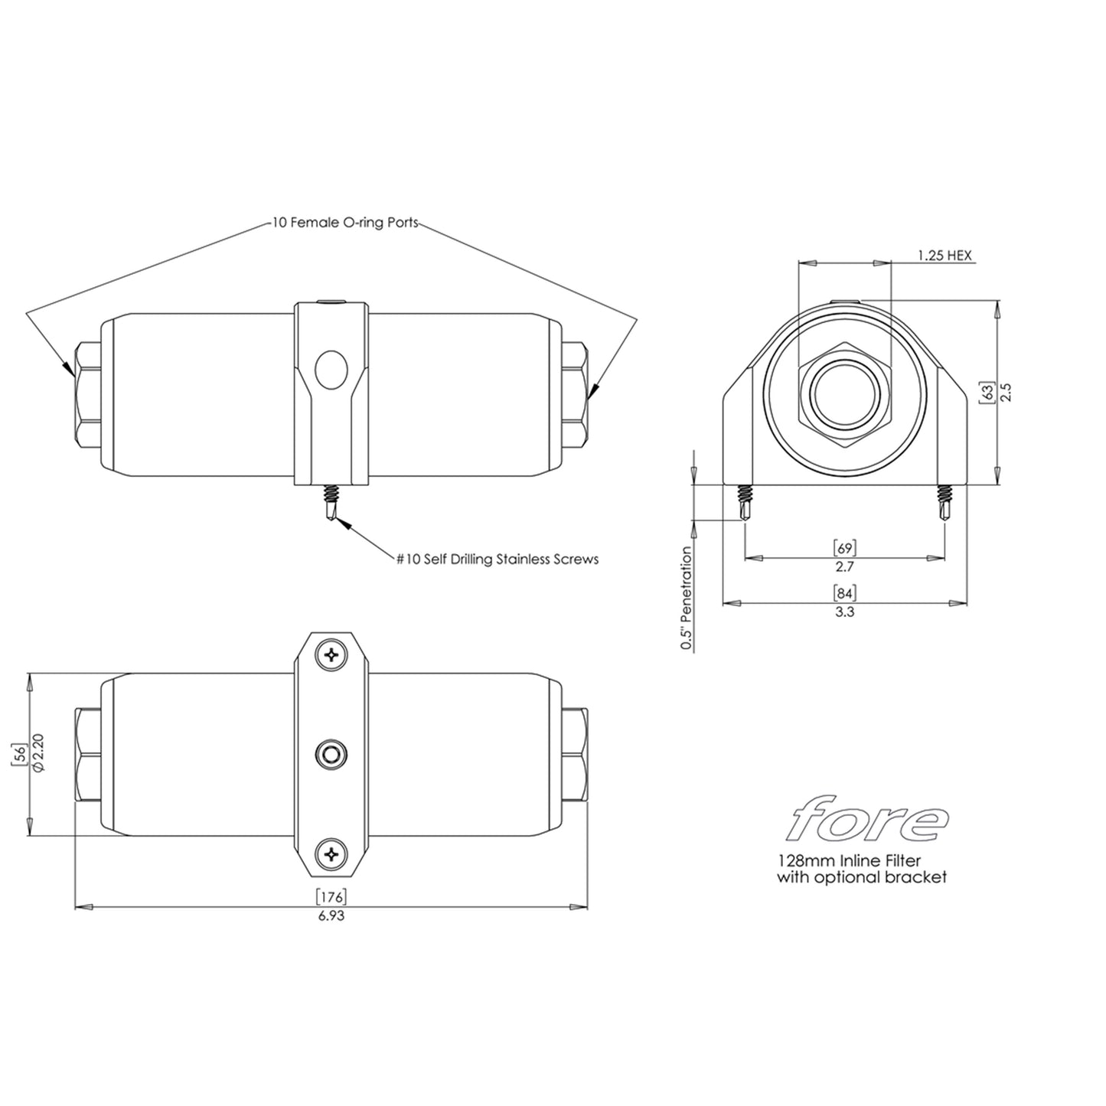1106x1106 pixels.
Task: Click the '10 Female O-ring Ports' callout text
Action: [x=345, y=223]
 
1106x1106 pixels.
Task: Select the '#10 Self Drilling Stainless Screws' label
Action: [x=497, y=560]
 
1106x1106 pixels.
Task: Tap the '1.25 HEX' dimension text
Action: [x=945, y=256]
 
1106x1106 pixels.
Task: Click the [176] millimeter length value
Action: [x=331, y=896]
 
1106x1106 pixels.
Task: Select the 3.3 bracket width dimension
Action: [x=844, y=612]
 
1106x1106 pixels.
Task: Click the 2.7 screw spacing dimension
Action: [x=844, y=566]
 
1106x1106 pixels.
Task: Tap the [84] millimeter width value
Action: [x=844, y=592]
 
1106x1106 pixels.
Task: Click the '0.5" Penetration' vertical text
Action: [x=687, y=598]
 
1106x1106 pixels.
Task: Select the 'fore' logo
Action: [x=868, y=820]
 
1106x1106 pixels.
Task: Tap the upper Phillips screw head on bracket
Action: [x=331, y=655]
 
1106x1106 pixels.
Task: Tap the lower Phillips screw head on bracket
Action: [x=331, y=853]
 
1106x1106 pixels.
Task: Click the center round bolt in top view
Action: [x=331, y=755]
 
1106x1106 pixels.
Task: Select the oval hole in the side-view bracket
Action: [x=331, y=370]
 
